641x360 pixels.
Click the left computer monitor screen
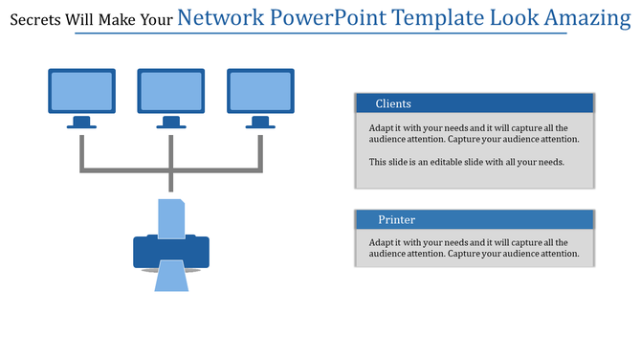[81, 91]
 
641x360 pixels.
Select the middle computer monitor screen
[170, 91]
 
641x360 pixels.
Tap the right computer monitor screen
[259, 91]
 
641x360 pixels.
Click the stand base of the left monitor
[81, 124]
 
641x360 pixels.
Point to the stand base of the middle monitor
[170, 124]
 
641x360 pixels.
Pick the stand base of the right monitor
[259, 124]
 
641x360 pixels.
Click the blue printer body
[170, 252]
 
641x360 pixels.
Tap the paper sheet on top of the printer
[170, 218]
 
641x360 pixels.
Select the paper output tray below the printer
[170, 279]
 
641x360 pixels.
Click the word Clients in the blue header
[393, 103]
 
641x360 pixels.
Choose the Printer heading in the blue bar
[396, 220]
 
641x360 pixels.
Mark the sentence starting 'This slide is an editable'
[466, 162]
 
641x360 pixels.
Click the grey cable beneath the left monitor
[81, 151]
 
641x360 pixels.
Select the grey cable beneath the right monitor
[259, 151]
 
